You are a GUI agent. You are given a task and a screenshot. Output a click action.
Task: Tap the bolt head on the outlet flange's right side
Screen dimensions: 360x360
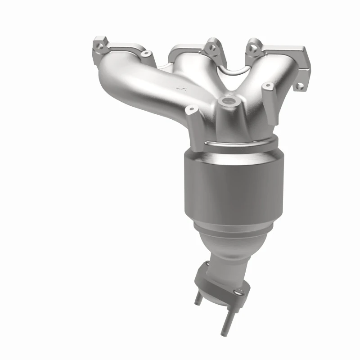[x=243, y=292]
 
